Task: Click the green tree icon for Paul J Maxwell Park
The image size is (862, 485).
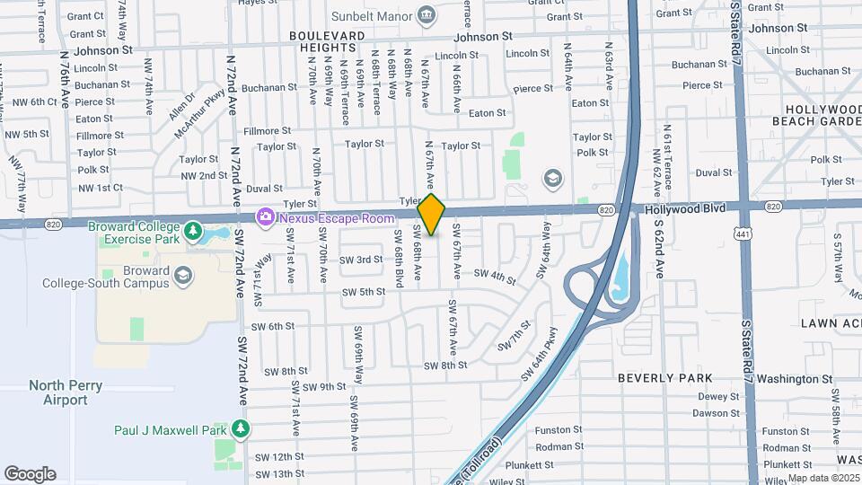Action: coord(240,429)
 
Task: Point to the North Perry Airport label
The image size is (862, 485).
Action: coord(66,392)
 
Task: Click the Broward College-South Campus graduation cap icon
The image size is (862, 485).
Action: coord(183,275)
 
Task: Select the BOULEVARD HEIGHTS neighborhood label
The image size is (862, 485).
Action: coord(327,40)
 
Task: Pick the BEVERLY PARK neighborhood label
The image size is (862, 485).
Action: coord(665,378)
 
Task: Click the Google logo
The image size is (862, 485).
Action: coord(30,473)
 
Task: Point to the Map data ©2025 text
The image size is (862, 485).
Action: coord(823,478)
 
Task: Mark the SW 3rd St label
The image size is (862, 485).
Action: coord(361,260)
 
